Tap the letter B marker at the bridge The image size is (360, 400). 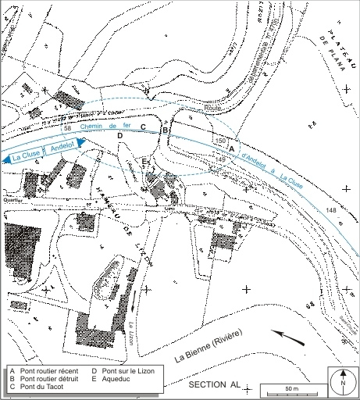[x=166, y=130]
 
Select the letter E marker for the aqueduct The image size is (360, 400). [x=144, y=161]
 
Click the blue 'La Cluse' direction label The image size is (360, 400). [x=26, y=155]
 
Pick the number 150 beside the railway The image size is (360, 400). [x=219, y=141]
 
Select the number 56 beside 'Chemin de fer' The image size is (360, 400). [x=68, y=127]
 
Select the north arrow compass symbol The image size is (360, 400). [x=341, y=381]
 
